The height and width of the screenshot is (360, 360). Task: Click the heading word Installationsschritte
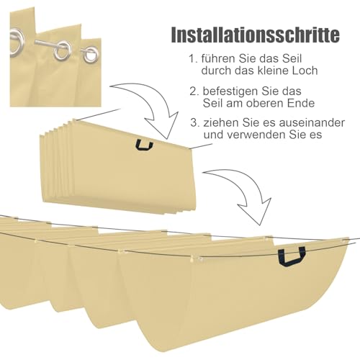pos(255,35)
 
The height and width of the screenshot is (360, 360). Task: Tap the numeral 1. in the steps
pos(193,59)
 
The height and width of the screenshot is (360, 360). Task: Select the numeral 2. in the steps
pos(194,91)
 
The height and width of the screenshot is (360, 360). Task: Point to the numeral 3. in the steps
pos(195,122)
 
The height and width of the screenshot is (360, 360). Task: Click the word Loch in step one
pos(307,71)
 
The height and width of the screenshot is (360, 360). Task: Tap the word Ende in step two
pos(302,103)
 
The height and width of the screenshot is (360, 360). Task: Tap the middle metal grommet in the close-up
pos(63,50)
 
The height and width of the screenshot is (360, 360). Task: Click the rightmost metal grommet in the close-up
pos(91,55)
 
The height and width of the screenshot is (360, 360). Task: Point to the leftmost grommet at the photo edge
pos(16,43)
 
